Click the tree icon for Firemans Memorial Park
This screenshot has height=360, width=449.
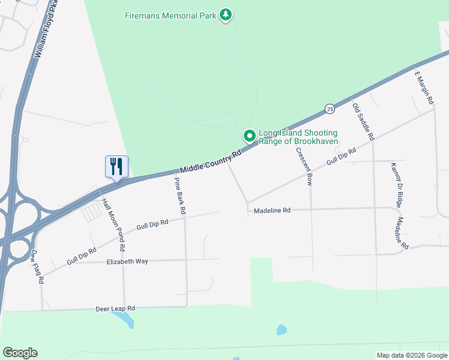(x=226, y=14)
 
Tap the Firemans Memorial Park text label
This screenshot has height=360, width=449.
(x=170, y=14)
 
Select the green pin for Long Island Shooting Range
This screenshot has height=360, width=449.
(x=249, y=136)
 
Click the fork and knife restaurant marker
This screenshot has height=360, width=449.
(x=115, y=166)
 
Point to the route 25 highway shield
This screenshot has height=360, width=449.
(x=330, y=109)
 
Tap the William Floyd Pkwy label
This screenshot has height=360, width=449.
(x=47, y=29)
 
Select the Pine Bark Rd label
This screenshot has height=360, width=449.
(x=180, y=196)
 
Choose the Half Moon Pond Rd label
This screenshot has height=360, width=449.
(x=113, y=224)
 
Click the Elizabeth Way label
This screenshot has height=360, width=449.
(x=127, y=262)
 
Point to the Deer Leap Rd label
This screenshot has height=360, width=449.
(x=115, y=308)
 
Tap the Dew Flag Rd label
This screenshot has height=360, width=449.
(x=38, y=267)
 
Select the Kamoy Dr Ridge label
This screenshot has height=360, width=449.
(x=396, y=185)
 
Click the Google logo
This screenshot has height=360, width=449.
(x=20, y=353)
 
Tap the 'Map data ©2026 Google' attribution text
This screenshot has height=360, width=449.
(x=411, y=355)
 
